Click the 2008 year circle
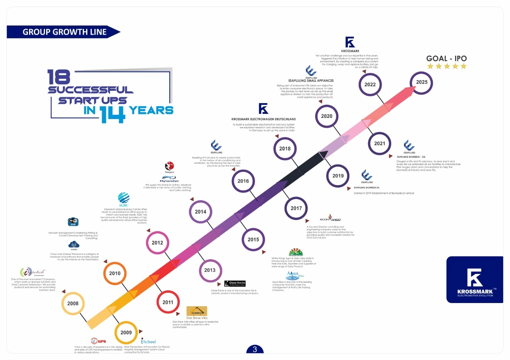click(x=73, y=303)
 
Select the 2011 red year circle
click(x=168, y=302)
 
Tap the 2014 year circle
click(x=200, y=212)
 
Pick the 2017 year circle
click(x=296, y=208)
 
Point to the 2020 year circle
click(x=326, y=116)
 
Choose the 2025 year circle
click(x=422, y=82)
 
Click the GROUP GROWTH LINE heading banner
click(x=64, y=32)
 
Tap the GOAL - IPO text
click(x=446, y=59)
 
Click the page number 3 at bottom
click(x=255, y=350)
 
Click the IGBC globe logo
click(x=124, y=198)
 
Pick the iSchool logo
click(x=149, y=341)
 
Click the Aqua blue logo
click(x=295, y=276)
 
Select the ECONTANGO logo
click(x=330, y=219)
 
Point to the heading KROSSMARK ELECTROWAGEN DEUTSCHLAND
click(x=263, y=119)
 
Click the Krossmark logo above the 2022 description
click(x=350, y=42)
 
